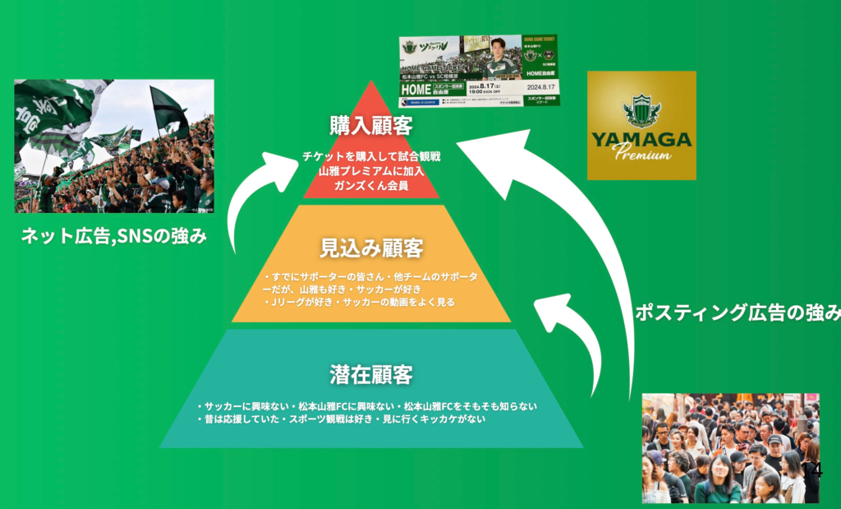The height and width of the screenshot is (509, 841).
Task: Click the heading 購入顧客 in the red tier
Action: click(371, 126)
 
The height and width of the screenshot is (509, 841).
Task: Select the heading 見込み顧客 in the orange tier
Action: click(371, 247)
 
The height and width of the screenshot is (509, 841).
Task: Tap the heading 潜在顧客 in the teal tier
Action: click(371, 374)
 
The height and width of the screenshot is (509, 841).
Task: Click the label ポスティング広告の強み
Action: click(738, 312)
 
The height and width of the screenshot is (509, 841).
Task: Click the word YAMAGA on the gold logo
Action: click(641, 138)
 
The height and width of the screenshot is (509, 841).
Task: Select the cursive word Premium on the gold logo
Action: click(642, 154)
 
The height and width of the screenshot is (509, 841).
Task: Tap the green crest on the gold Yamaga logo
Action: click(641, 109)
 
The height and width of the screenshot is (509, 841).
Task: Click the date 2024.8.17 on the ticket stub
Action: click(542, 86)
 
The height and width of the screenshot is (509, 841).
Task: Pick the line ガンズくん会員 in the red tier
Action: click(371, 186)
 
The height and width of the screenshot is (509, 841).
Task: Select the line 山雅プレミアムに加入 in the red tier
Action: click(371, 171)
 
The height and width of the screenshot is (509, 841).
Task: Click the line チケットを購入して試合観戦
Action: click(371, 156)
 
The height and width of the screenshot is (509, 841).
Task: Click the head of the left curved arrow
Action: click(284, 164)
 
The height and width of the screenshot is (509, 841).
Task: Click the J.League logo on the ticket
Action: click(407, 103)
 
